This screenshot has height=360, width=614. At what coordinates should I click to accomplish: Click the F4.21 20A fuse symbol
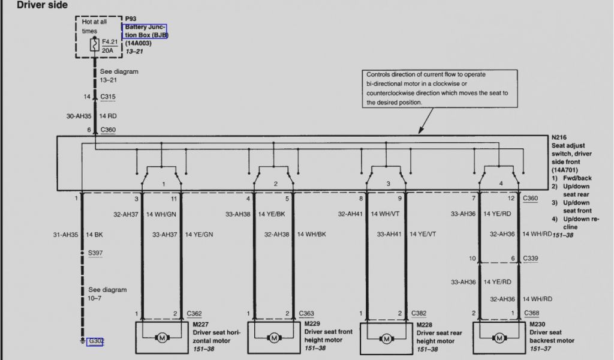click(x=95, y=44)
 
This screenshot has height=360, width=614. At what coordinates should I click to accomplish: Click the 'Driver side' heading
click(x=42, y=5)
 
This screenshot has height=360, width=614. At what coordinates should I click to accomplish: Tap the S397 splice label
click(x=95, y=253)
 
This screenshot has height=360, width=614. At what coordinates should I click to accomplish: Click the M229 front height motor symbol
click(x=273, y=338)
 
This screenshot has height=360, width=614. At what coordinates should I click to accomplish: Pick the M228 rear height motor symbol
click(x=386, y=339)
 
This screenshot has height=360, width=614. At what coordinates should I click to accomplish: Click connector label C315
click(x=108, y=97)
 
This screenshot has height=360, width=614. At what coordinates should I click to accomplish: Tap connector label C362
click(x=194, y=313)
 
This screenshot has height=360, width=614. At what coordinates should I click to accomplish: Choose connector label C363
click(x=306, y=313)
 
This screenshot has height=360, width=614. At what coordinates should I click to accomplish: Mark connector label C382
click(x=419, y=313)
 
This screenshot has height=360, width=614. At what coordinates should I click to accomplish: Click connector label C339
click(x=531, y=259)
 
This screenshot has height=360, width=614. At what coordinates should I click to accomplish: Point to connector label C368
click(x=531, y=313)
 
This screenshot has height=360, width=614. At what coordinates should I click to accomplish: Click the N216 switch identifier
click(x=560, y=137)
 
